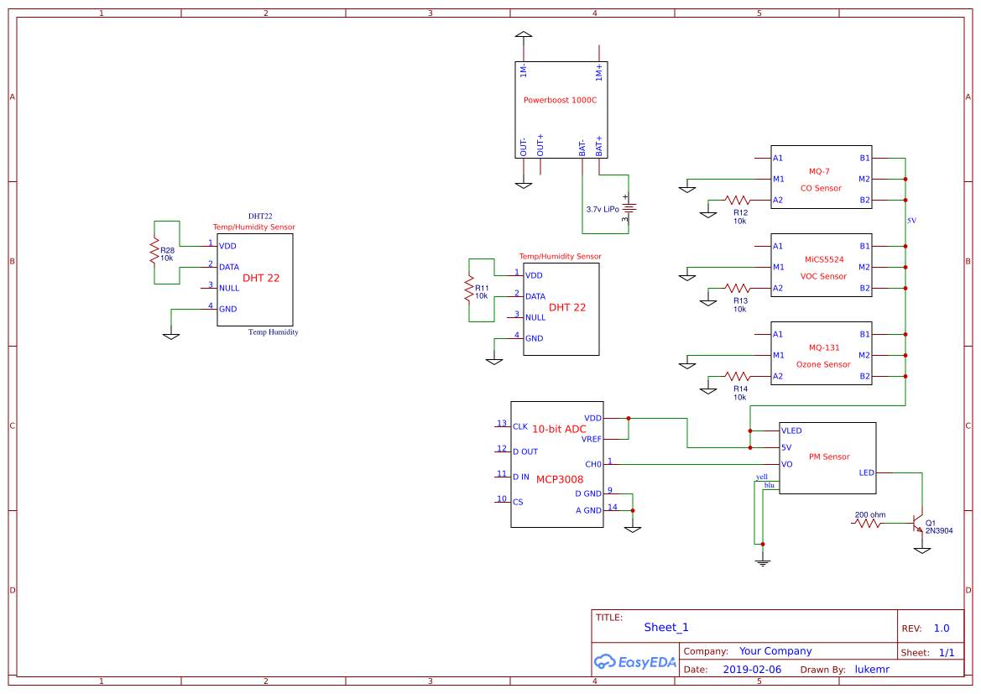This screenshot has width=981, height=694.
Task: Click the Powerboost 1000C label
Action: pyautogui.click(x=560, y=100)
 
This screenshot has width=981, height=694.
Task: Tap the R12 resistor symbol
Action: pyautogui.click(x=738, y=201)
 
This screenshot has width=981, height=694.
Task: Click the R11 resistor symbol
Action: pyautogui.click(x=469, y=290)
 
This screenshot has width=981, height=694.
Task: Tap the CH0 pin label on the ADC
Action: pyautogui.click(x=592, y=464)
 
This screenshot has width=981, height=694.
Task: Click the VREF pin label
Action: pyautogui.click(x=591, y=439)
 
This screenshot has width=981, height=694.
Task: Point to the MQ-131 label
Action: pyautogui.click(x=823, y=347)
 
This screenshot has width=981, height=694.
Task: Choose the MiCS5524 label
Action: pyautogui.click(x=823, y=259)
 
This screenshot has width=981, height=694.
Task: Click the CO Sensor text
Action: pyautogui.click(x=821, y=188)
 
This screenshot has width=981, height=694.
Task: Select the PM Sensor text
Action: pyautogui.click(x=829, y=457)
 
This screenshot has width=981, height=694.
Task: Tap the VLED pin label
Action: pyautogui.click(x=791, y=430)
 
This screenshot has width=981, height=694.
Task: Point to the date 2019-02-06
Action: pyautogui.click(x=752, y=670)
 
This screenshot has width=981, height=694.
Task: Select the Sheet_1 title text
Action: pyautogui.click(x=666, y=627)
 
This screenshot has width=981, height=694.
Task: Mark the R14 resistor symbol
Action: pyautogui.click(x=738, y=377)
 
